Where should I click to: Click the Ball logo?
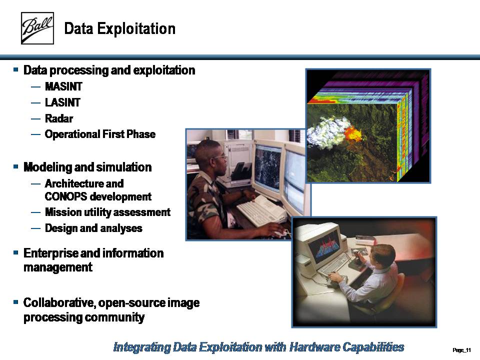[x=37, y=28]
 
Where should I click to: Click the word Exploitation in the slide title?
[x=136, y=29]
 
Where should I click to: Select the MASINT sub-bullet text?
[x=63, y=86]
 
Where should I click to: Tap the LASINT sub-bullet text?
[x=63, y=102]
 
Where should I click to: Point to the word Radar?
[x=59, y=118]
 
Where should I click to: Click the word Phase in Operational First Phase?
[x=141, y=134]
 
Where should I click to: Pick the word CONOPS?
[x=66, y=196]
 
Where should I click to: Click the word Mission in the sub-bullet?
[x=63, y=212]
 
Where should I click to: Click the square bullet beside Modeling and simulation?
[x=16, y=167]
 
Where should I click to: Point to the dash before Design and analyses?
[x=35, y=228]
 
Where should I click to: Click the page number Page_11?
[x=461, y=350]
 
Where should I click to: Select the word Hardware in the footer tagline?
[x=314, y=347]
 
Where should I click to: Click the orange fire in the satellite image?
[x=352, y=133]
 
